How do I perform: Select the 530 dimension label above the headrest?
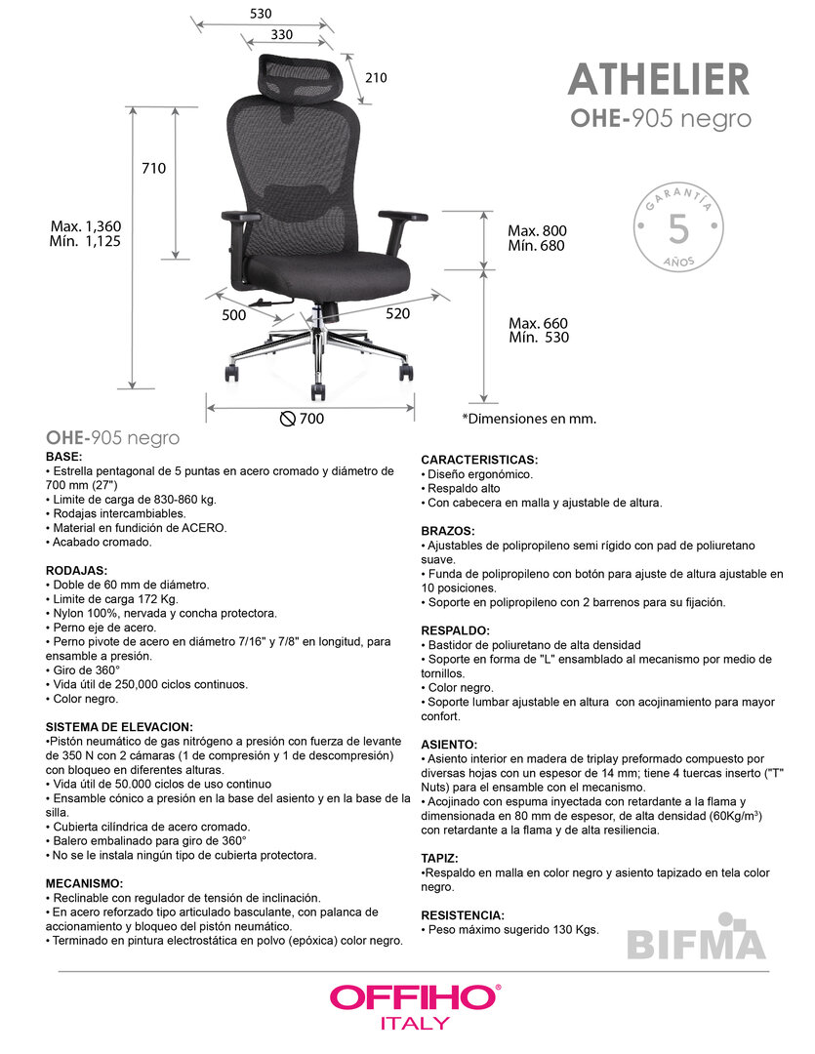pyautogui.click(x=261, y=14)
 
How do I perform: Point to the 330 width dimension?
pyautogui.click(x=281, y=35)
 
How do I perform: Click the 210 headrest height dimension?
pyautogui.click(x=376, y=78)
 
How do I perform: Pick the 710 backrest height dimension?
pyautogui.click(x=154, y=168)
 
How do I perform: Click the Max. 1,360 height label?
pyautogui.click(x=86, y=226)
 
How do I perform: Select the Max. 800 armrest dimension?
pyautogui.click(x=537, y=231)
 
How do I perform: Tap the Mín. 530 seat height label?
pyautogui.click(x=538, y=338)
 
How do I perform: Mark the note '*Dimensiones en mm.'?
pyautogui.click(x=528, y=419)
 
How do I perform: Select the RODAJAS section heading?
pyautogui.click(x=76, y=570)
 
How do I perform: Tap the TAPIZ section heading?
pyautogui.click(x=440, y=858)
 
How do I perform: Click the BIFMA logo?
pyautogui.click(x=695, y=941)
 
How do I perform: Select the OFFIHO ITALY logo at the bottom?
pyautogui.click(x=414, y=1005)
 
